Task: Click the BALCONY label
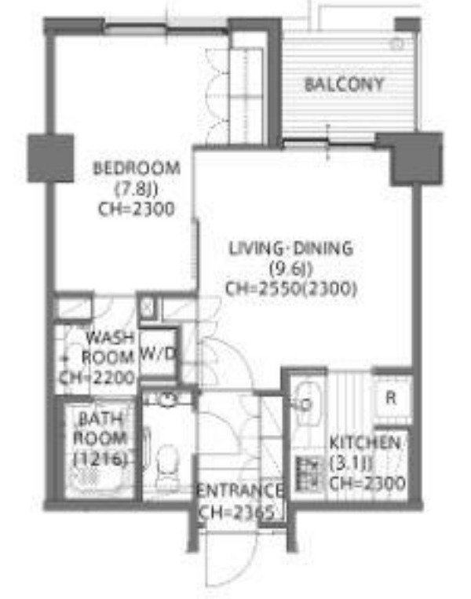pyautogui.click(x=344, y=85)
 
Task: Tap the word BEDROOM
pyautogui.click(x=137, y=168)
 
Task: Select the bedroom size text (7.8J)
pyautogui.click(x=137, y=188)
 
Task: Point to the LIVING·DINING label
pyautogui.click(x=290, y=248)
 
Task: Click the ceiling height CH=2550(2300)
pyautogui.click(x=291, y=289)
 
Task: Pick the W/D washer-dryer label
pyautogui.click(x=158, y=354)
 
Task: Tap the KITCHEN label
pyautogui.click(x=365, y=443)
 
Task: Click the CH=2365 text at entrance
pyautogui.click(x=236, y=513)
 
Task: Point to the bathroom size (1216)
pyautogui.click(x=100, y=458)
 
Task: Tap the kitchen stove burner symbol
pyautogui.click(x=308, y=473)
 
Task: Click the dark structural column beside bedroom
pyautogui.click(x=51, y=158)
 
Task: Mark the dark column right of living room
pyautogui.click(x=415, y=159)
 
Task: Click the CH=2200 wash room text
pyautogui.click(x=97, y=378)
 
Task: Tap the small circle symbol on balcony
pyautogui.click(x=397, y=44)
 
